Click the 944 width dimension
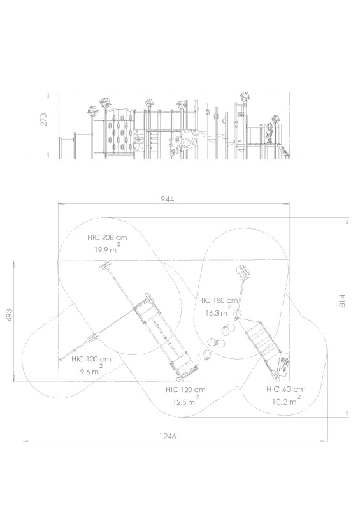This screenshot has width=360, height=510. pyautogui.click(x=168, y=200)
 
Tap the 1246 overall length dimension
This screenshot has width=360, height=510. pyautogui.click(x=168, y=436)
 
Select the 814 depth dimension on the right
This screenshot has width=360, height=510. pyautogui.click(x=342, y=301)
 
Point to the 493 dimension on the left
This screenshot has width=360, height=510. pyautogui.click(x=10, y=316)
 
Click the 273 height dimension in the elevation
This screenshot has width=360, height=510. pyautogui.click(x=44, y=119)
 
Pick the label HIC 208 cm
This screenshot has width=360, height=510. pyautogui.click(x=107, y=237)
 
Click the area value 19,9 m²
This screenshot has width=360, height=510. pyautogui.click(x=106, y=249)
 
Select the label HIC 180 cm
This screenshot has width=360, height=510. pyautogui.click(x=218, y=300)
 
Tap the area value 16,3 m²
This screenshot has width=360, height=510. pyautogui.click(x=218, y=312)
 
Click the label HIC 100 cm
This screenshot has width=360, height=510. pyautogui.click(x=91, y=359)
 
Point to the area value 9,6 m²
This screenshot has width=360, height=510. pyautogui.click(x=92, y=370)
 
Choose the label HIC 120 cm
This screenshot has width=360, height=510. pyautogui.click(x=185, y=390)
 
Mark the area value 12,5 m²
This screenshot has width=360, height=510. pyautogui.click(x=185, y=401)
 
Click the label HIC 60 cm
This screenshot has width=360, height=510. pyautogui.click(x=286, y=389)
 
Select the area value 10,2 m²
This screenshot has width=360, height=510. pyautogui.click(x=286, y=400)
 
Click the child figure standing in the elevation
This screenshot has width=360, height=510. pyautogui.click(x=270, y=133)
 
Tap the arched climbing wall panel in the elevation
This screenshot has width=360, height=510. pyautogui.click(x=119, y=133)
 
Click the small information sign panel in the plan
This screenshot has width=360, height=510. pyautogui.click(x=284, y=364)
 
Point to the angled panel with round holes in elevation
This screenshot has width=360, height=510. pyautogui.click(x=183, y=143)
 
